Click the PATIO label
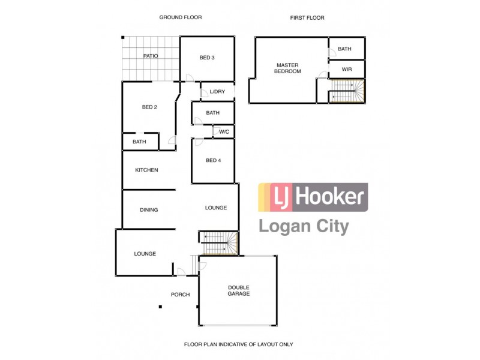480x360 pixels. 150,56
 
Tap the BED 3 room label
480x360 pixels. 207,58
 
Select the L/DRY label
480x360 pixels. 217,92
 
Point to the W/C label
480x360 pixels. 223,131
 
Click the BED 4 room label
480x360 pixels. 212,160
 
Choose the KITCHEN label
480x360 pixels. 146,170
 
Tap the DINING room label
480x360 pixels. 149,210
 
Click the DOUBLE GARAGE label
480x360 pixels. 238,290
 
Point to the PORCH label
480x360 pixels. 180,295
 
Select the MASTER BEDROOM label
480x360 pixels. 288,68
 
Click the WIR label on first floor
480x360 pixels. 346,70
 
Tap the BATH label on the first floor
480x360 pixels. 344,49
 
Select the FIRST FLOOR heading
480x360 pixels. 307,18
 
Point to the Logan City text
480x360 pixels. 304,227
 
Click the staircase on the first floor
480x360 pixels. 347,92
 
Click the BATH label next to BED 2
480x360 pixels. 139,142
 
